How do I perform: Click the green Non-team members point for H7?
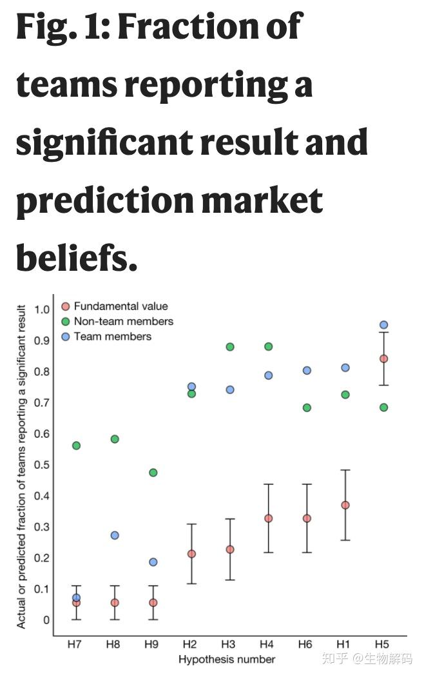pos(77,446)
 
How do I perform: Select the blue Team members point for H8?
pos(115,535)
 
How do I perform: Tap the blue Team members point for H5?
pos(383,325)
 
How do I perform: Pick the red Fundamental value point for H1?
pos(345,505)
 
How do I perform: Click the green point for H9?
pos(153,473)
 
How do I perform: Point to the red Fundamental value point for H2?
pos(191,554)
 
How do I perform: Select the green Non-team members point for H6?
pos(307,407)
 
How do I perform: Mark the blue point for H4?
pos(268,375)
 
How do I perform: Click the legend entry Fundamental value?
pos(120,306)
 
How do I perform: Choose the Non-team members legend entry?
pos(123,321)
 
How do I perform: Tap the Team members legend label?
pos(113,336)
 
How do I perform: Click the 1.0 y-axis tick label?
pos(41,309)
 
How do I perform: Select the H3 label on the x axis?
pos(228,644)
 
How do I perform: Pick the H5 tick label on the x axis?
pos(383,644)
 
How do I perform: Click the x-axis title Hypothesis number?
pos(227,659)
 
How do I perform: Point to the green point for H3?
pos(230,347)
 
